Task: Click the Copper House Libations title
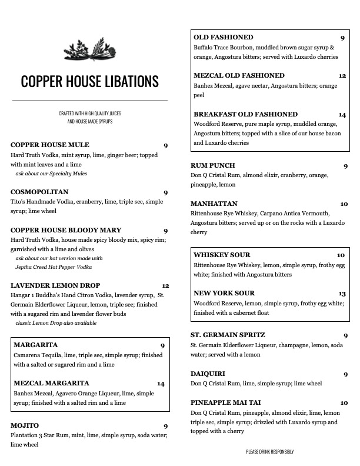(x=90, y=81)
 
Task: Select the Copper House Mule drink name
(x=50, y=145)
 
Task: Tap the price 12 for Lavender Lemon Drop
(x=165, y=286)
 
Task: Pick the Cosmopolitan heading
(x=39, y=192)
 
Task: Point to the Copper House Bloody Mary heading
(x=66, y=230)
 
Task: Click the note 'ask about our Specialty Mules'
(x=51, y=174)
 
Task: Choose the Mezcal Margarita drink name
(x=51, y=383)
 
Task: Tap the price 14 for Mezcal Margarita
(x=161, y=384)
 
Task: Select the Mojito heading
(x=25, y=425)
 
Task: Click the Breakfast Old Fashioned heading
(x=245, y=114)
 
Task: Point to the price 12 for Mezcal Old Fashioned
(x=342, y=76)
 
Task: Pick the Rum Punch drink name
(x=213, y=166)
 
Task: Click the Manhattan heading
(x=214, y=204)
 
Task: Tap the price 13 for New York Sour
(x=342, y=294)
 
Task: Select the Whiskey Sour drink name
(x=222, y=255)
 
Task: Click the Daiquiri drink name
(x=208, y=374)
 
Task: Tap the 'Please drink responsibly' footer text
(x=269, y=451)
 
